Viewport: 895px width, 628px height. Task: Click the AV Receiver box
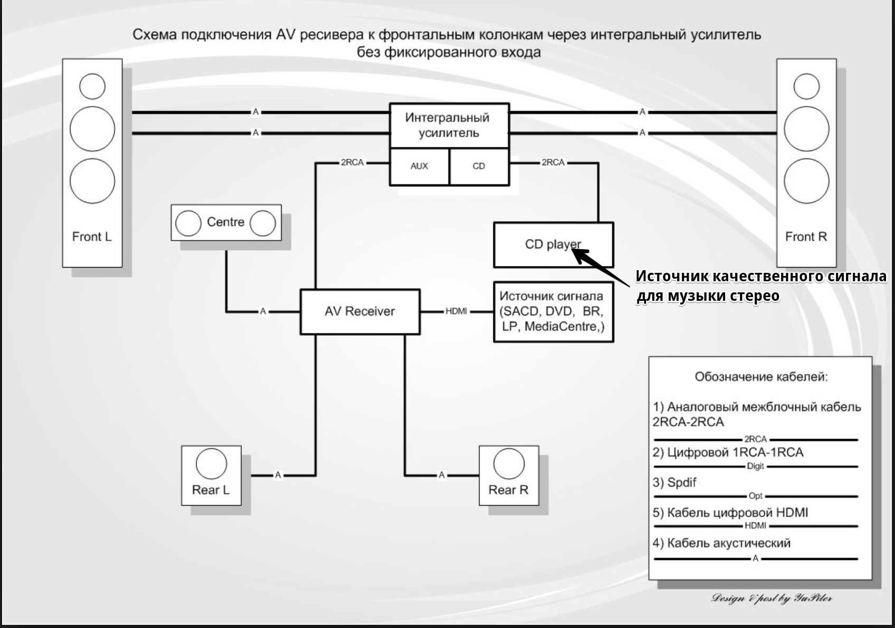pyautogui.click(x=360, y=311)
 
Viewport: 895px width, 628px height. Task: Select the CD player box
pyautogui.click(x=553, y=244)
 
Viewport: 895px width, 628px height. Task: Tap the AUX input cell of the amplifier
pyautogui.click(x=419, y=166)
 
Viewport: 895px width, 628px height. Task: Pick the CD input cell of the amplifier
pyautogui.click(x=479, y=166)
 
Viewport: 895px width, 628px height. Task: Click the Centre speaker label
pyautogui.click(x=225, y=222)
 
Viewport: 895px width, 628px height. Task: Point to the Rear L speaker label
pyautogui.click(x=211, y=490)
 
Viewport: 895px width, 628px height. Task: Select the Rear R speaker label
pyautogui.click(x=508, y=490)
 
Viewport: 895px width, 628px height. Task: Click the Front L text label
pyautogui.click(x=92, y=236)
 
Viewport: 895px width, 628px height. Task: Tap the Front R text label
pyautogui.click(x=806, y=236)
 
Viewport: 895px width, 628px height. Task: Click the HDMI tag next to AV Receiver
pyautogui.click(x=456, y=311)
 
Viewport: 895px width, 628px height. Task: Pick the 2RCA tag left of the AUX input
pyautogui.click(x=352, y=163)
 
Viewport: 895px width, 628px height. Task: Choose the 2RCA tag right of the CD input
pyautogui.click(x=553, y=163)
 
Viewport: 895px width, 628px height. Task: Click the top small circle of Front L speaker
pyautogui.click(x=92, y=86)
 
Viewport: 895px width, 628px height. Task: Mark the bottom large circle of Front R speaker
pyautogui.click(x=806, y=180)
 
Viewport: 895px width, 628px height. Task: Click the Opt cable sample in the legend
pyautogui.click(x=756, y=496)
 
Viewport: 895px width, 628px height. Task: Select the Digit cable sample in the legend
pyautogui.click(x=756, y=467)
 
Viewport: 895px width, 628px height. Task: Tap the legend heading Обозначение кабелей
pyautogui.click(x=761, y=377)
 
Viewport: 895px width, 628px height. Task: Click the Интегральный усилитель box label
pyautogui.click(x=448, y=125)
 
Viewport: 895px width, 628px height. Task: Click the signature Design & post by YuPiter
pyautogui.click(x=772, y=598)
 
